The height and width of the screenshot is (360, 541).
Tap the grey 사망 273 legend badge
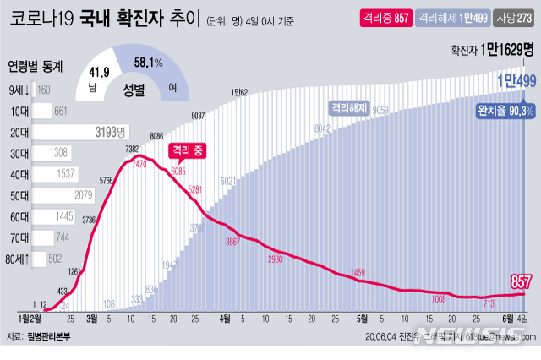pos(516,20)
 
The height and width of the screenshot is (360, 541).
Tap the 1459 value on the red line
pos(358,272)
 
